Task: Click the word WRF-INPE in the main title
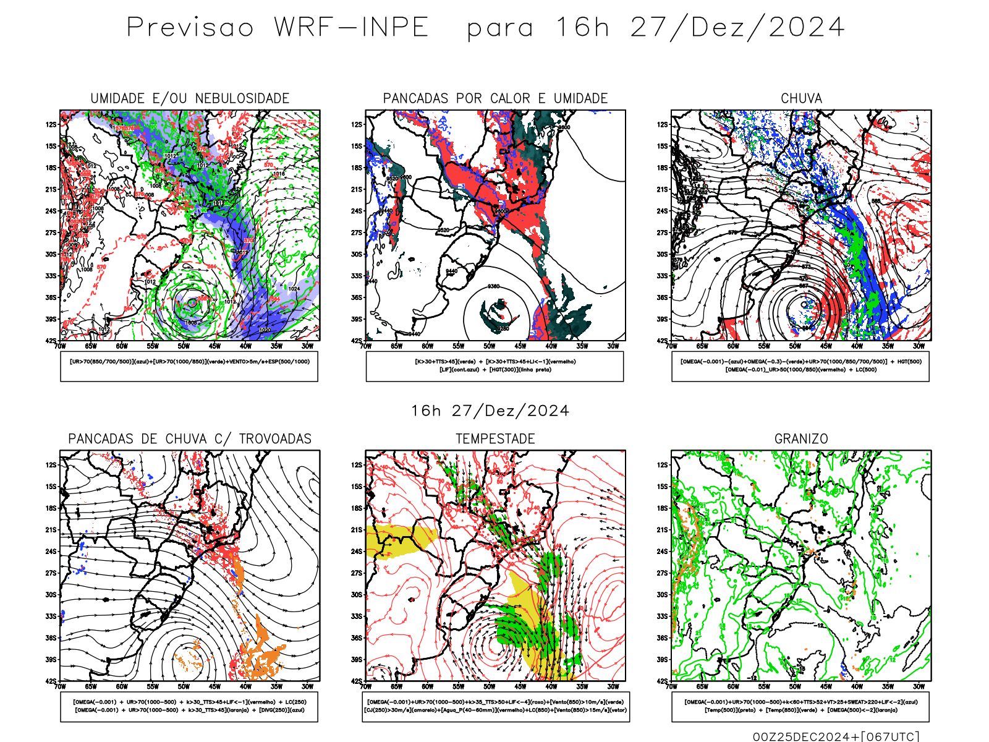[351, 28]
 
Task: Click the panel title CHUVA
[801, 98]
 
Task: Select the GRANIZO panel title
[801, 439]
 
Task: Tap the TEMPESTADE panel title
[495, 439]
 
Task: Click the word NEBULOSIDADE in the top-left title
[242, 98]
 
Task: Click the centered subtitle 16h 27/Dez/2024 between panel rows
[490, 411]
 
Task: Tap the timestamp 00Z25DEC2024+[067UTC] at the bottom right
[836, 736]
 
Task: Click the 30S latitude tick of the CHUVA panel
[662, 254]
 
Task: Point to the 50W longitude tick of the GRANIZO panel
[796, 686]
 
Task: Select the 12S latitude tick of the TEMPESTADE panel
[357, 465]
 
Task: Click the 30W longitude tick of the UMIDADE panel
[307, 346]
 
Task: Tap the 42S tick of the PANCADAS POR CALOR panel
[357, 341]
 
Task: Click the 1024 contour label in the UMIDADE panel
[294, 289]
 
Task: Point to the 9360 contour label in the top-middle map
[493, 286]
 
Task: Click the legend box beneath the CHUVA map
[800, 366]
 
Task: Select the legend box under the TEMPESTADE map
[495, 706]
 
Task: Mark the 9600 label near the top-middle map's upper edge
[564, 127]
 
